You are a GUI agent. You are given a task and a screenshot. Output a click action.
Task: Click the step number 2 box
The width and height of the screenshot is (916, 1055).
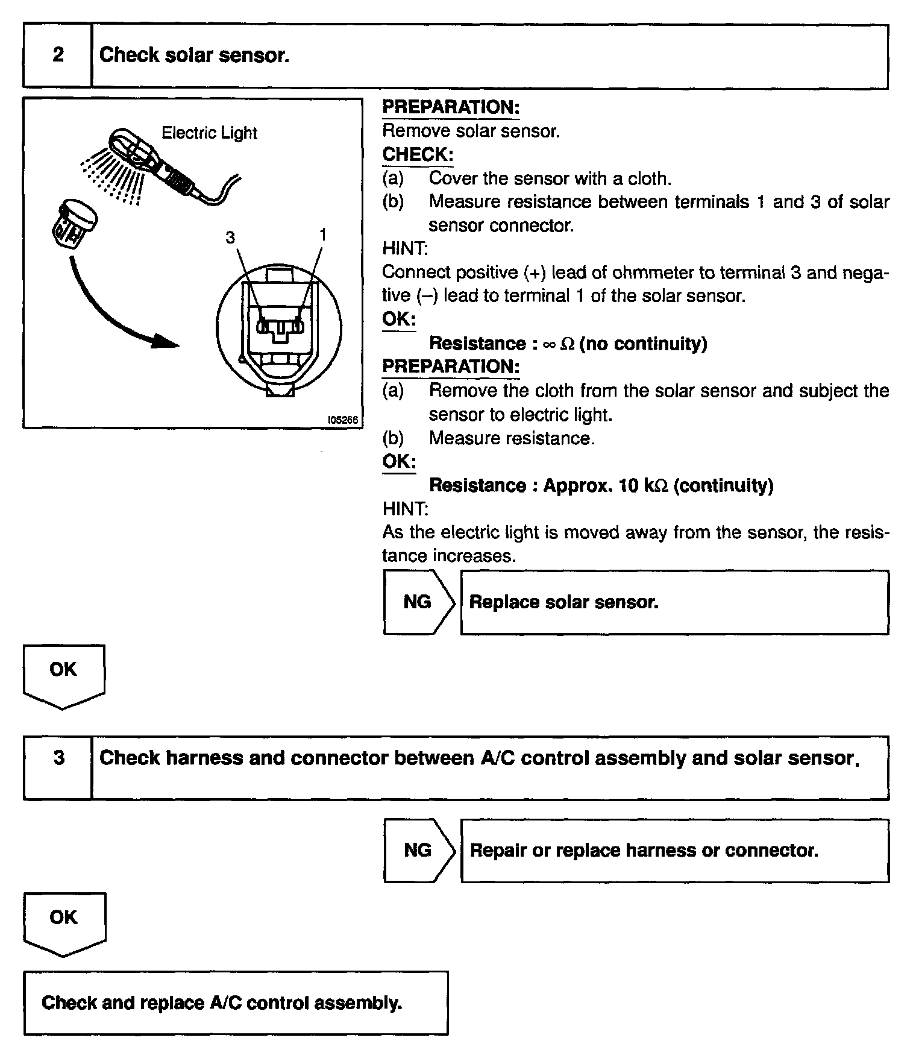(58, 55)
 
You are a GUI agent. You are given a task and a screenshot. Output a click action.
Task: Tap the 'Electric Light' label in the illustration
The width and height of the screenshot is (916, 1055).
(209, 133)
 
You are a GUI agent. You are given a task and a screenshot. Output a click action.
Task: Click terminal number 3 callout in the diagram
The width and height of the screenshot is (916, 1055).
(230, 238)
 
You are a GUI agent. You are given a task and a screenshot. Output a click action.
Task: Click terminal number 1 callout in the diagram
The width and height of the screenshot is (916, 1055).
(323, 235)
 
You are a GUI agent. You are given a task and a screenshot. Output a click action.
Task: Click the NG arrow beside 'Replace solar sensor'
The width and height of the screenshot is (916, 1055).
(418, 602)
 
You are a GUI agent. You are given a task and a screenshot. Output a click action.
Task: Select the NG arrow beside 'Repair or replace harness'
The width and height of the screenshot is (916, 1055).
(418, 850)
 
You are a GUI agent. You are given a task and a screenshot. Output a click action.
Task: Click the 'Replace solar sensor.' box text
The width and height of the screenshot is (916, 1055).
(563, 602)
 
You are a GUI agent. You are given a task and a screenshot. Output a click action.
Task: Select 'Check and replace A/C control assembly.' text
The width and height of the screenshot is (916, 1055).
(222, 1003)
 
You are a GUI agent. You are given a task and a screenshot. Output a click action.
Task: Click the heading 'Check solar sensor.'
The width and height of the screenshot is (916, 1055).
(194, 55)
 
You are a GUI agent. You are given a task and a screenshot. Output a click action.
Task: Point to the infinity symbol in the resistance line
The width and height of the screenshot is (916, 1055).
(548, 344)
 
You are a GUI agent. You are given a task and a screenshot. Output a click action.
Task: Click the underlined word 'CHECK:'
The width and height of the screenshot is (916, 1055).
(418, 154)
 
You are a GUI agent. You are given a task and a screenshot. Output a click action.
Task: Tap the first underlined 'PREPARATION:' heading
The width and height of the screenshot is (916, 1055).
(451, 107)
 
